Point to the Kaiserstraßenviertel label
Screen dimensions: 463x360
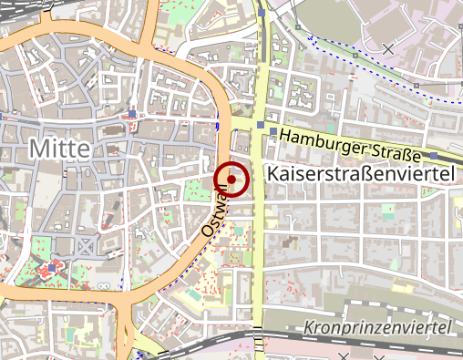pos(363,173)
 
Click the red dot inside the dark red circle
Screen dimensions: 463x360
pos(231,180)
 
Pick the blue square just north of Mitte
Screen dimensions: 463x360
pos(133,115)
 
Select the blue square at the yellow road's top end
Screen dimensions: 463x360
pos(262,15)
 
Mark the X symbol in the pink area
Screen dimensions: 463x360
pos(388,48)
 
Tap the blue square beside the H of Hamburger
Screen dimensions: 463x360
pos(273,131)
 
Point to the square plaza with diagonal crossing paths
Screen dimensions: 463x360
pos(86,246)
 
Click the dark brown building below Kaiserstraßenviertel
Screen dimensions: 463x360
pos(292,244)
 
